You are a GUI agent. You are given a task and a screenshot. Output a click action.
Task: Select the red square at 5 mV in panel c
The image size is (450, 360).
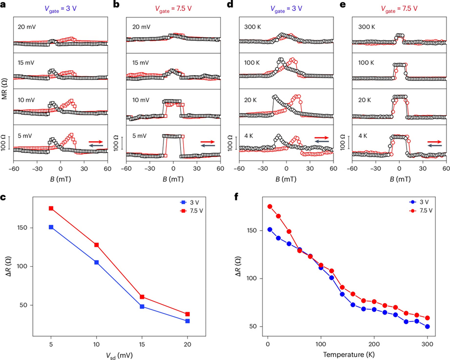pyautogui.click(x=51, y=208)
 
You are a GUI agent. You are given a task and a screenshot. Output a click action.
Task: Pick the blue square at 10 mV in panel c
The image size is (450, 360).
pyautogui.click(x=96, y=262)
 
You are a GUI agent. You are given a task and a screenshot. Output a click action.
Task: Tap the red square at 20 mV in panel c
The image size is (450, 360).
pyautogui.click(x=187, y=314)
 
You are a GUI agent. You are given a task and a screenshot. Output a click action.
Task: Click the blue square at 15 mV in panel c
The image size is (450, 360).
pyautogui.click(x=142, y=306)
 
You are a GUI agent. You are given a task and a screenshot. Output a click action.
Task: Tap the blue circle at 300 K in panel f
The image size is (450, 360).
pyautogui.click(x=428, y=327)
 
